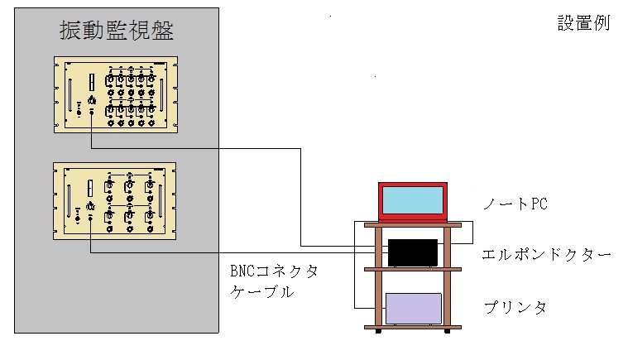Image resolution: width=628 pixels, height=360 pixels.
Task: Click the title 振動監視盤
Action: coord(116,31)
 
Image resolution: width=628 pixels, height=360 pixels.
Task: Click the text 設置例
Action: coord(583,22)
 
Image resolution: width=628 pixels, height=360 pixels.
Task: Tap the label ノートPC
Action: coord(515,204)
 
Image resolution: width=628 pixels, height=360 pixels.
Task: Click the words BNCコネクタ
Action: coord(274,271)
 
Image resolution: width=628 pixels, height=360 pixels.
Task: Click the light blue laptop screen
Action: coord(413,202)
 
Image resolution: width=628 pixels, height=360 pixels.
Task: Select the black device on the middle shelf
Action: coord(413,252)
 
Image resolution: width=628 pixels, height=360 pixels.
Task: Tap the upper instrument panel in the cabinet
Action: coord(116,94)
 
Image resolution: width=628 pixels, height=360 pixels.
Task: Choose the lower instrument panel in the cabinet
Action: coord(116,200)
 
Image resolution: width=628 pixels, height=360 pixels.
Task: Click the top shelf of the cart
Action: coord(412,223)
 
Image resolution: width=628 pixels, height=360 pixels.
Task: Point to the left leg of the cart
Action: coord(380,281)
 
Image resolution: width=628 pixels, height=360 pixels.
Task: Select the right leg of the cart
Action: coord(448,281)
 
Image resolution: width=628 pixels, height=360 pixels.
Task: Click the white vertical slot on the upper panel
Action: coord(90,83)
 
